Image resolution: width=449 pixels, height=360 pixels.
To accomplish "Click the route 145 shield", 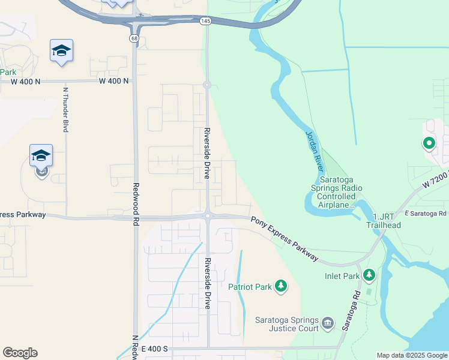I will tap(205, 21).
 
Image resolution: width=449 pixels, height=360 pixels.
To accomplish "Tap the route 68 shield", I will tap(133, 38).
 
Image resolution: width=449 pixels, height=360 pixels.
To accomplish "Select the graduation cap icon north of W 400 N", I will tap(61, 50).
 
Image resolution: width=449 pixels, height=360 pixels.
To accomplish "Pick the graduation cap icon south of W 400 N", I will tap(41, 155).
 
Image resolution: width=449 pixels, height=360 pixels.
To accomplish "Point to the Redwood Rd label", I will tap(136, 202).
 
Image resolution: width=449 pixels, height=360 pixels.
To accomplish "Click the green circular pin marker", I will tap(429, 143).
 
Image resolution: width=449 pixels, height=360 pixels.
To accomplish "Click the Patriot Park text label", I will tap(250, 287).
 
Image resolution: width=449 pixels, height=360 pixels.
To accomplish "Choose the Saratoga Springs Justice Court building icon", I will tap(328, 324).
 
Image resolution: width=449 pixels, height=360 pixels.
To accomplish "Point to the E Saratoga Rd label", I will tap(426, 213).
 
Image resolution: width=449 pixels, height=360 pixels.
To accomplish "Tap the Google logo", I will tap(20, 353).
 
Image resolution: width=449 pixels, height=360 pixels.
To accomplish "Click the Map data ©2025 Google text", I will tap(412, 355).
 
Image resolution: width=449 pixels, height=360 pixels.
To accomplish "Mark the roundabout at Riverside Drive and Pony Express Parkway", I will tap(207, 216).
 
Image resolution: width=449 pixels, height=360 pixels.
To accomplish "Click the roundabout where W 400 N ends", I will tap(206, 85).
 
